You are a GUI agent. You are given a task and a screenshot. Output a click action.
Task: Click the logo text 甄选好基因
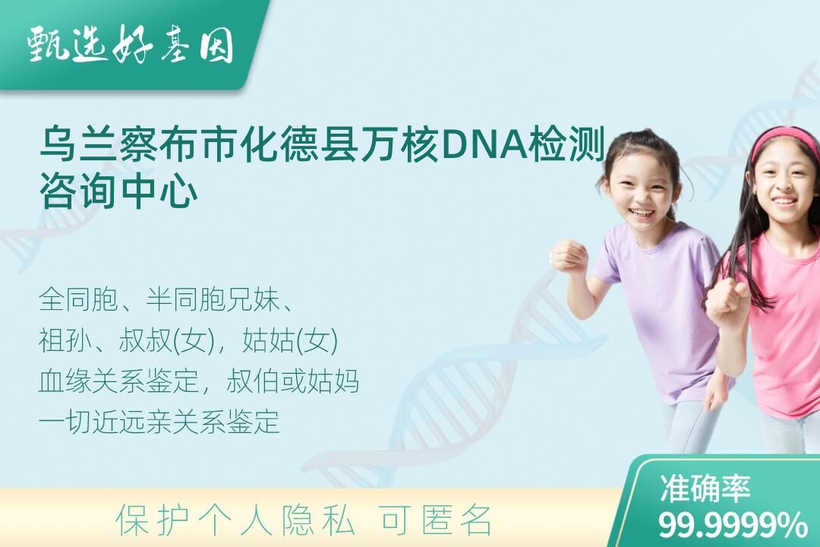[131, 45]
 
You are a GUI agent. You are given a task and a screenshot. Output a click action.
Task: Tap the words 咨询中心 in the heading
[118, 193]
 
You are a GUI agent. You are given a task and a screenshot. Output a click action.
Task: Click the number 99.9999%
[732, 525]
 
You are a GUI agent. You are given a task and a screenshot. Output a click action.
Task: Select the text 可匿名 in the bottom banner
[437, 520]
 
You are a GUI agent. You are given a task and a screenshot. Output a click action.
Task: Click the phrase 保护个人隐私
[236, 520]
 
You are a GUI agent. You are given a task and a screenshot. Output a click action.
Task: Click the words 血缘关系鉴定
[118, 381]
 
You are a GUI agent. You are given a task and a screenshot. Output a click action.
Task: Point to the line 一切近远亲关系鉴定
[159, 422]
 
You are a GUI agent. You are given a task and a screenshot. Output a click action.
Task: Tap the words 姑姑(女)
[291, 340]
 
